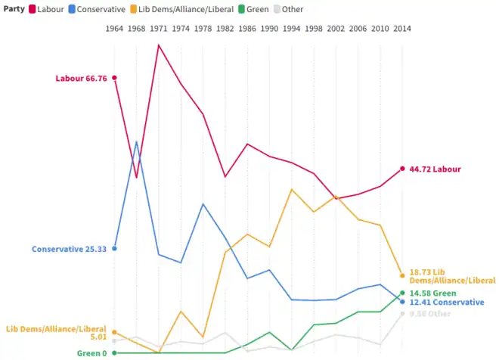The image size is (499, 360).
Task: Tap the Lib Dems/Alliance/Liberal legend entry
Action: pyautogui.click(x=176, y=8)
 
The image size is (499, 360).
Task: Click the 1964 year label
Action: pyautogui.click(x=114, y=28)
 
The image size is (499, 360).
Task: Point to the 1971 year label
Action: pyautogui.click(x=159, y=28)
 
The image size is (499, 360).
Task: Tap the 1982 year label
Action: pyautogui.click(x=225, y=28)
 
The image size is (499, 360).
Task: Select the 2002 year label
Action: pyautogui.click(x=336, y=28)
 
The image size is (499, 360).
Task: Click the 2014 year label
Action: pyautogui.click(x=402, y=28)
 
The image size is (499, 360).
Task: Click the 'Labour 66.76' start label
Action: pyautogui.click(x=81, y=78)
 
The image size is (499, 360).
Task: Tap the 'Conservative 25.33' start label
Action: pyautogui.click(x=69, y=249)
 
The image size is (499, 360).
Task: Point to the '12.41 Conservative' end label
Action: pyautogui.click(x=446, y=303)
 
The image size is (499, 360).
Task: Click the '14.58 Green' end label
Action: pyautogui.click(x=432, y=293)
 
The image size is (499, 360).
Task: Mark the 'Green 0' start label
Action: pyautogui.click(x=91, y=353)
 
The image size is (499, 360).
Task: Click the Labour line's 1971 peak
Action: pyautogui.click(x=159, y=45)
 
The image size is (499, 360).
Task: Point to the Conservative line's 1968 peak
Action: pyautogui.click(x=137, y=142)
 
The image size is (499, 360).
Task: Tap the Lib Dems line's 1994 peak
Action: pyautogui.click(x=292, y=189)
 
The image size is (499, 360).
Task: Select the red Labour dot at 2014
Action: pyautogui.click(x=402, y=169)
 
